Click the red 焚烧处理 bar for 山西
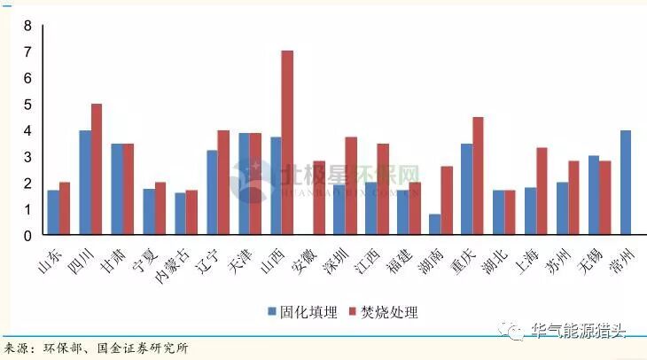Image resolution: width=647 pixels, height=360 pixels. (287, 143)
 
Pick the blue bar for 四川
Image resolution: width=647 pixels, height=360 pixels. (85, 183)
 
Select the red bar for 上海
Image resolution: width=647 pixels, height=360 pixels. (542, 191)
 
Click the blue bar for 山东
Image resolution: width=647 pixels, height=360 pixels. (53, 213)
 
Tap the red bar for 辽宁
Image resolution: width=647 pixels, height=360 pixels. (223, 183)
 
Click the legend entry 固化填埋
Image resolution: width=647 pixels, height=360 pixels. (301, 312)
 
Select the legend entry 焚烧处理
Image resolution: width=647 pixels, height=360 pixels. (382, 312)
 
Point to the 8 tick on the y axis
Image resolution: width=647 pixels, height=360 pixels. (27, 26)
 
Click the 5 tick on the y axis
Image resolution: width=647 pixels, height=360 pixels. (27, 105)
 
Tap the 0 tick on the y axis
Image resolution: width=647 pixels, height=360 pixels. (27, 236)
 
